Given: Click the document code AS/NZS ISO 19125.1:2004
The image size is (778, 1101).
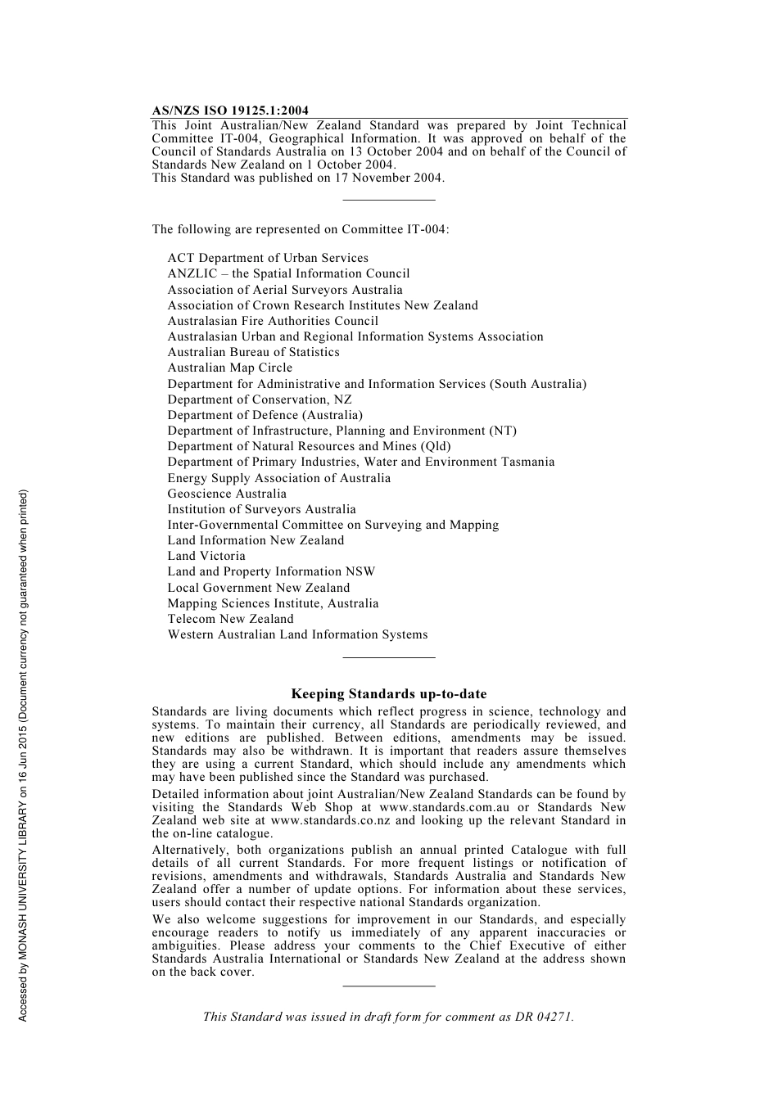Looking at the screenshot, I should coord(230,111).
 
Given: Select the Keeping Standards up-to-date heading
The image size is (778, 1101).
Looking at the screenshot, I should coord(389,694).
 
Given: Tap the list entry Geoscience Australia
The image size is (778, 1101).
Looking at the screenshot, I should coord(227,494).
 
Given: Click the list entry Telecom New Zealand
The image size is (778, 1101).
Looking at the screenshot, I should coord(230,619).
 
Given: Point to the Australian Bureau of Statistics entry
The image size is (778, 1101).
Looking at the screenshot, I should coord(253,352).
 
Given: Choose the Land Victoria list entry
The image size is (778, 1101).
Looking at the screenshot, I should coord(206,556).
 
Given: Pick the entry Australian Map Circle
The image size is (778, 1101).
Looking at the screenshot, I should coord(229,368).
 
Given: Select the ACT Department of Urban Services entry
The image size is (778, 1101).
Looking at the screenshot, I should coord(268,258).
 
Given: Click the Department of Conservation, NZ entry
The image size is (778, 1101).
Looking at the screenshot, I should coord(260,399).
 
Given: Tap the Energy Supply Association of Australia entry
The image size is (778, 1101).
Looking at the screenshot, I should coord(278,478).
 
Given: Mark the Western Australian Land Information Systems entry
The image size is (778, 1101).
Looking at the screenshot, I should coord(297,634).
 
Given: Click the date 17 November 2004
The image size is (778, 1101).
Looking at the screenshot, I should coord(387,178).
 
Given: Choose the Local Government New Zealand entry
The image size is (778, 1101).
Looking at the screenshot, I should coord(258,588).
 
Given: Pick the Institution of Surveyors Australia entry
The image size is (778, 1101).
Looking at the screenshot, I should coord(261,509).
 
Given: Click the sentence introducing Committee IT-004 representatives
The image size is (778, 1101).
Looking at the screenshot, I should coord(300,229).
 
